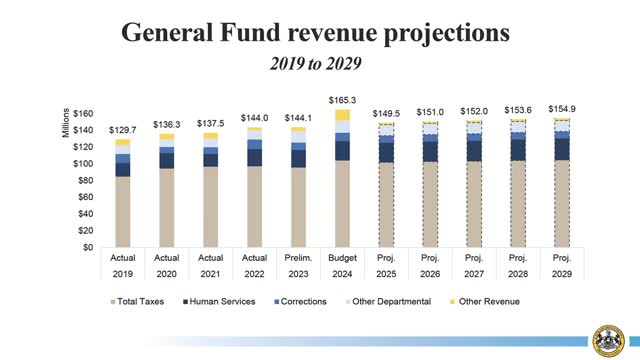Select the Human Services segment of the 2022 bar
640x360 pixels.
tap(255, 157)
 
